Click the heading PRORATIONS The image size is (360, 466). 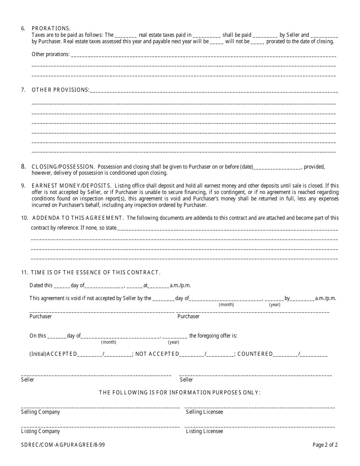coord(51,28)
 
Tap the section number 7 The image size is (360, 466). coord(23,90)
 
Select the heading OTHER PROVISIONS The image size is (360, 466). coord(61,90)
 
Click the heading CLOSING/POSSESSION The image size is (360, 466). coord(63,167)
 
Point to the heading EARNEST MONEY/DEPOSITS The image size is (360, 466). coord(72,186)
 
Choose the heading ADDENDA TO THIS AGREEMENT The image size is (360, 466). coord(78,218)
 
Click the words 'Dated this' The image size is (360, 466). coord(41,285)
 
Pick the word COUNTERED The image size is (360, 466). coord(255,354)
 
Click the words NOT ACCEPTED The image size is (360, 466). coord(157,354)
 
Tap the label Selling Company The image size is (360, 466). coord(41,412)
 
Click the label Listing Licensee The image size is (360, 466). coord(204,431)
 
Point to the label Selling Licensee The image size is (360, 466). coord(204,412)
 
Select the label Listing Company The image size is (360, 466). coord(41,431)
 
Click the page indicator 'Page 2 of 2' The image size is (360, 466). coord(325,445)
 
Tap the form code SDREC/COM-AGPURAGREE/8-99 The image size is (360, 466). coord(63,445)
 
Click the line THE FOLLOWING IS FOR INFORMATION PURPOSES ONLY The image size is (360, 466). coord(180,393)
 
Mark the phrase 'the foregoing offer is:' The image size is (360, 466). coord(213,336)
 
